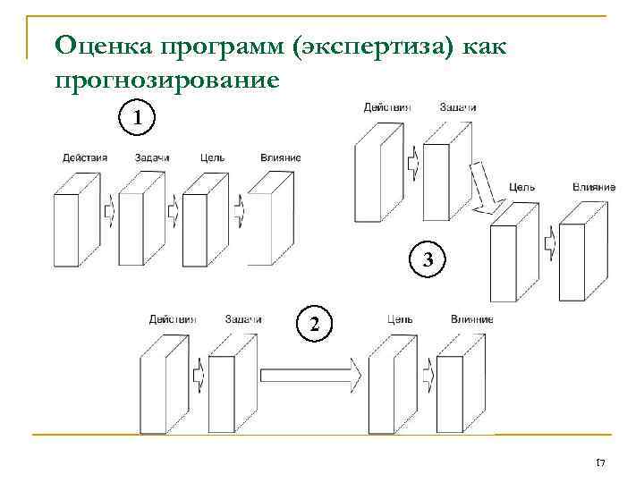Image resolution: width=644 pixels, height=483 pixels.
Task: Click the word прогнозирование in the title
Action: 167,81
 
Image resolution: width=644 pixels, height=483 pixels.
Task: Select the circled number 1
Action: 136,117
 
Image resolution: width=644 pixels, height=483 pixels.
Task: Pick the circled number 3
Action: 428,261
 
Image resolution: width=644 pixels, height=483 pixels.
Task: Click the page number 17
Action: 600,462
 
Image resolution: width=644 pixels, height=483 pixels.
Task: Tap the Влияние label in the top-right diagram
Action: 594,187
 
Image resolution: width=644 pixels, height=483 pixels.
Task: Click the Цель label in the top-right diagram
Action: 521,187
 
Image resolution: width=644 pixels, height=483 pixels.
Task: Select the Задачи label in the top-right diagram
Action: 458,107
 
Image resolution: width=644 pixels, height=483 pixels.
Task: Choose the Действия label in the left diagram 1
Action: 85,158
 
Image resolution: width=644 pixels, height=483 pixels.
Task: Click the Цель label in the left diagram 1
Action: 213,158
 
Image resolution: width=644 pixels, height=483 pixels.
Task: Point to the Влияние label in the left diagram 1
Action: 280,158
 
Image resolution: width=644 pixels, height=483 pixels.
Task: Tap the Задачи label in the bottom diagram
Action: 243,318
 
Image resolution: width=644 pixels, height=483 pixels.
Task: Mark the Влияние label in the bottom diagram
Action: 471,318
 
